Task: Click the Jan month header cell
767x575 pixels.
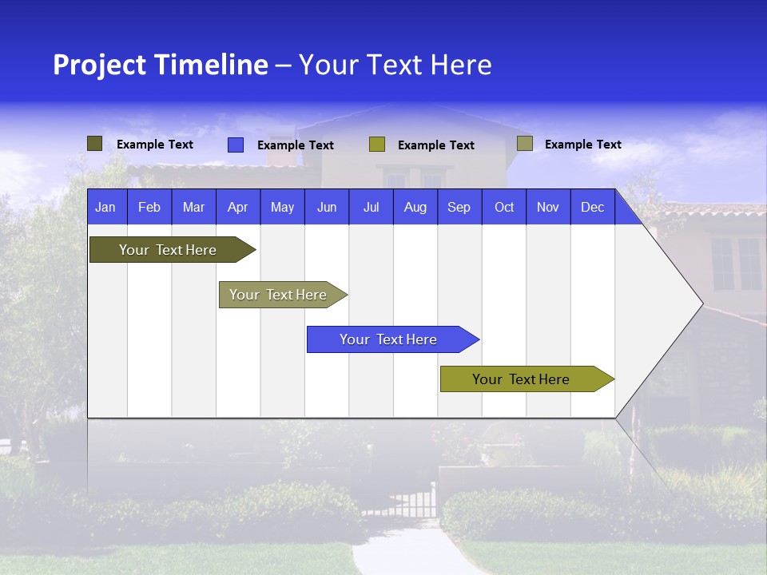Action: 105,207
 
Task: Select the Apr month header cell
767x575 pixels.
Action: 237,207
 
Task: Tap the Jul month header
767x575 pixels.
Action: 371,207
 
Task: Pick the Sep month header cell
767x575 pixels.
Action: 459,207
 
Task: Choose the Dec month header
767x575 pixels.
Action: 592,207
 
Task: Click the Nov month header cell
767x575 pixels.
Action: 547,207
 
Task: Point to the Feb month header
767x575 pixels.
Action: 149,207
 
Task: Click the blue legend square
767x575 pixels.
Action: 235,145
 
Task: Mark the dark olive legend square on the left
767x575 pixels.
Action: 94,144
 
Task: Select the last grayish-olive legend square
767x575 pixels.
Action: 524,144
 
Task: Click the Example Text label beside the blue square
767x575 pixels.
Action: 295,145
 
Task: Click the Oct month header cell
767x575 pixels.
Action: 504,207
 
